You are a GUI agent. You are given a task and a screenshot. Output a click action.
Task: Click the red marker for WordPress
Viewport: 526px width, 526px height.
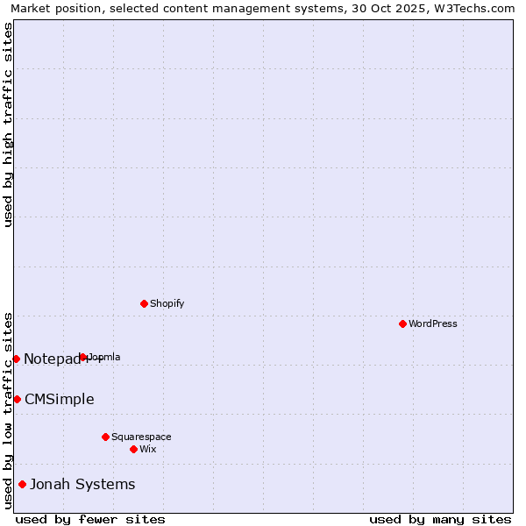point(402,323)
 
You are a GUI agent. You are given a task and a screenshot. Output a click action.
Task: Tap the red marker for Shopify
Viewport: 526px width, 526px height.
point(144,303)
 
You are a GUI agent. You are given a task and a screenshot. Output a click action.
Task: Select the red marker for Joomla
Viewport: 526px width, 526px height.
point(83,357)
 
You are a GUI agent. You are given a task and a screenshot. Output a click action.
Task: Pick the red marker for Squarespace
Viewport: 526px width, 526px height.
point(105,437)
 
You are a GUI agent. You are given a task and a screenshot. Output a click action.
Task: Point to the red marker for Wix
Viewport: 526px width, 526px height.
point(133,449)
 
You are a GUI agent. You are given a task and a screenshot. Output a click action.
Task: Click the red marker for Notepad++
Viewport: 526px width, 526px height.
point(16,359)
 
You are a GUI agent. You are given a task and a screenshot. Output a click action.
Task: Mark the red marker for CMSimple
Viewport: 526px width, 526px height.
point(17,399)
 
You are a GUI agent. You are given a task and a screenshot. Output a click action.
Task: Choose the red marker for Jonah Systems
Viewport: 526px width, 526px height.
point(22,484)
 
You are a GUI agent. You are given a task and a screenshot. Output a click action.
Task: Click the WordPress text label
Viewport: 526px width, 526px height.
point(433,323)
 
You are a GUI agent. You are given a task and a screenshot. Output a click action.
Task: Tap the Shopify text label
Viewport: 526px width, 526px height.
point(167,303)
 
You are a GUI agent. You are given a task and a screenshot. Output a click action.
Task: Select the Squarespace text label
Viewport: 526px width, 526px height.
point(141,437)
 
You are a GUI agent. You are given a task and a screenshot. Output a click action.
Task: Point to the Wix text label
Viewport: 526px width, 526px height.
point(147,449)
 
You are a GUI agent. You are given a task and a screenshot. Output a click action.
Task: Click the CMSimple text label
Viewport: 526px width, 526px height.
point(59,399)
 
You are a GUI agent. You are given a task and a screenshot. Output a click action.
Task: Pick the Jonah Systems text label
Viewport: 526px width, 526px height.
point(82,484)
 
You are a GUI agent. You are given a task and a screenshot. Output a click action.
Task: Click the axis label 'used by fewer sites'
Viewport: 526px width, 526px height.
point(90,519)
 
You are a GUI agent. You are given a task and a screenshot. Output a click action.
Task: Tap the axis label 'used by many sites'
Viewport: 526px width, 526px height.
point(440,519)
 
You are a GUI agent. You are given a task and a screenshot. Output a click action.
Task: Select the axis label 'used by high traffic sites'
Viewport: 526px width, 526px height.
point(8,124)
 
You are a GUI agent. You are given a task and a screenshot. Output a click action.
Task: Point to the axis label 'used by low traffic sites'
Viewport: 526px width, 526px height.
point(8,410)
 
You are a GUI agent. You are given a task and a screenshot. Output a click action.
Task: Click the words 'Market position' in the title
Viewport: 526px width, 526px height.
point(50,8)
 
